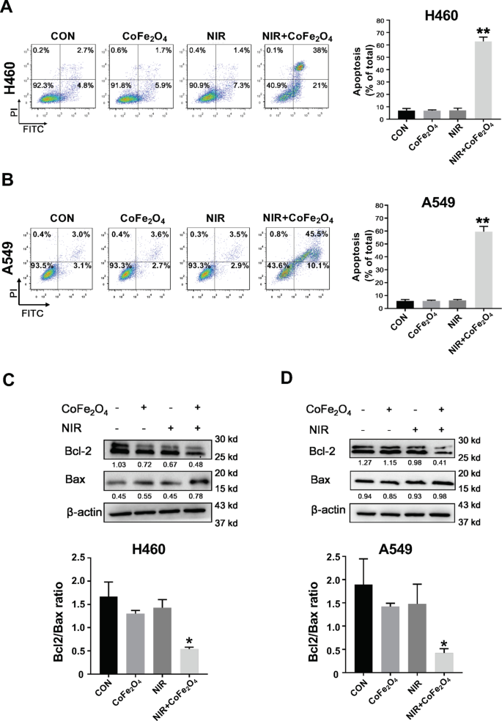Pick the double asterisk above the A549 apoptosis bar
tap(462, 219)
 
